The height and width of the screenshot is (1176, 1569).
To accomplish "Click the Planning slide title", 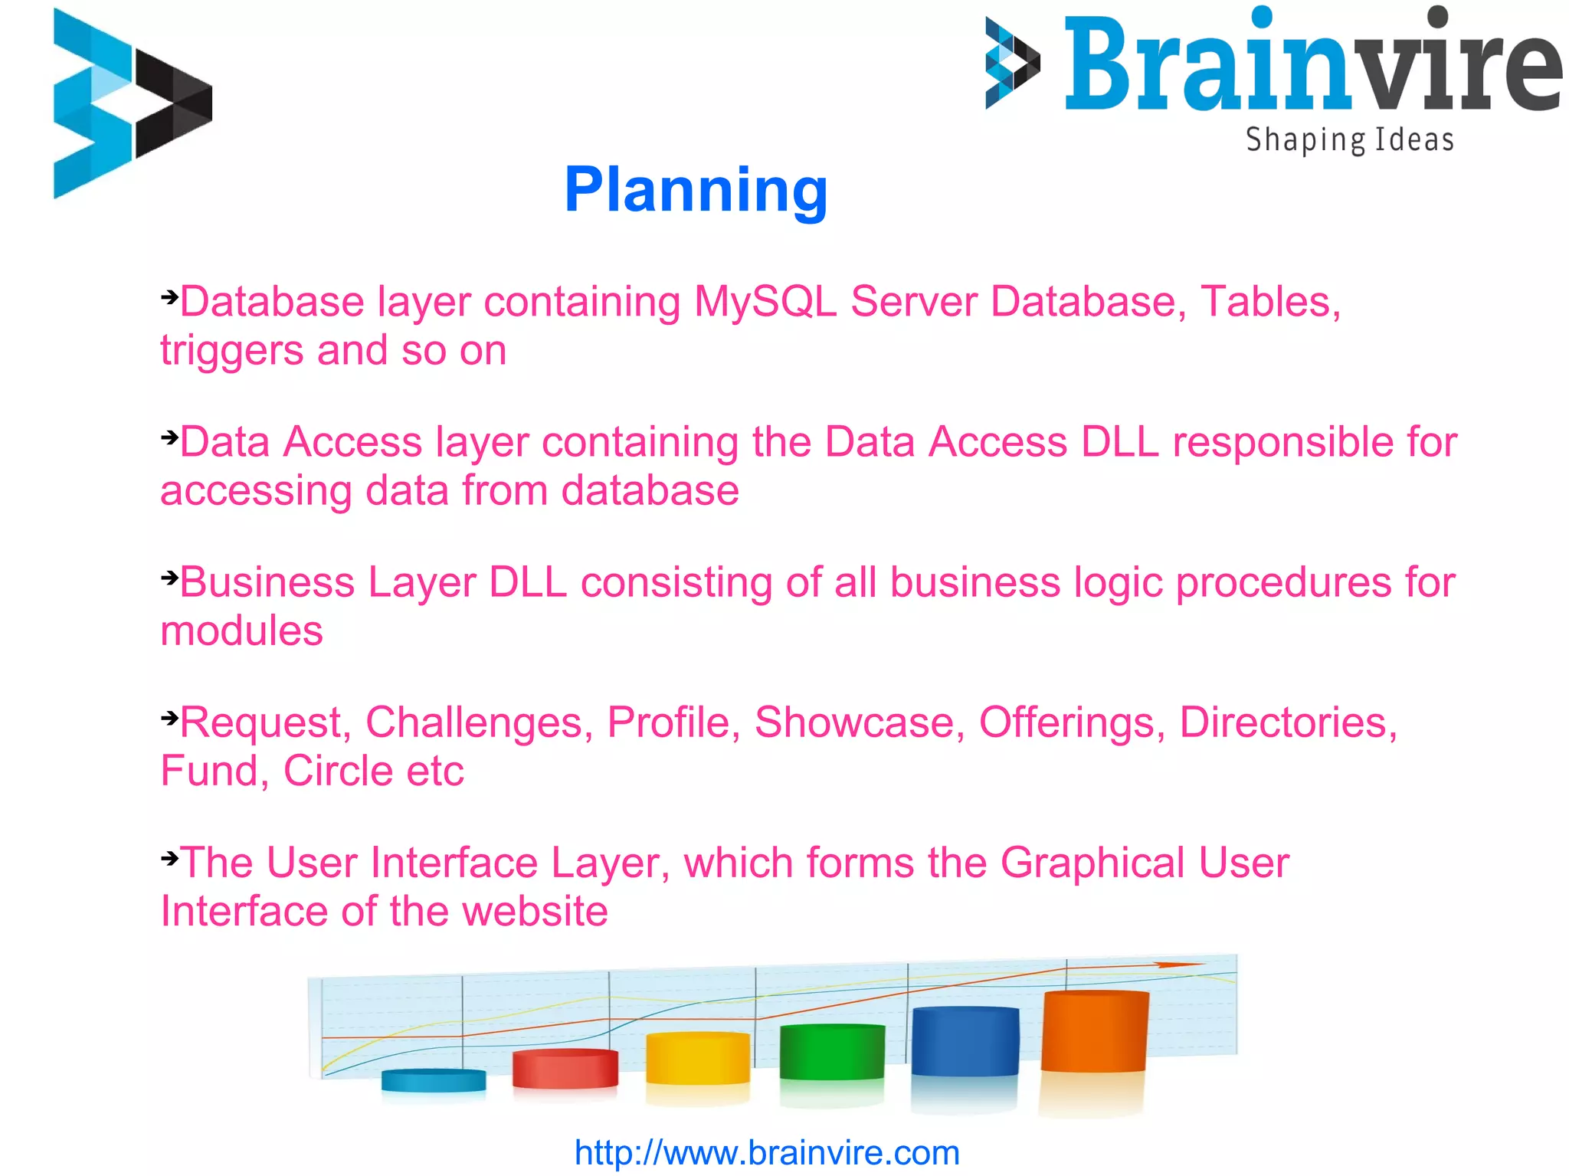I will (x=696, y=190).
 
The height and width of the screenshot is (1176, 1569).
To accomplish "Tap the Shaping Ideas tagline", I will (x=1349, y=141).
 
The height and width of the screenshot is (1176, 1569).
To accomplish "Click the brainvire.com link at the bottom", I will (x=767, y=1152).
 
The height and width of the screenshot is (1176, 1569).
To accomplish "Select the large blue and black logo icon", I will (x=132, y=103).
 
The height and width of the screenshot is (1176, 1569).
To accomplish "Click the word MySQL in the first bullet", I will (x=765, y=302).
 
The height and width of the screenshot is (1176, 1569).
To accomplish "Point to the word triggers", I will (x=231, y=352).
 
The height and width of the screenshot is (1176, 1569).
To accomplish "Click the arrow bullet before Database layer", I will (x=169, y=296).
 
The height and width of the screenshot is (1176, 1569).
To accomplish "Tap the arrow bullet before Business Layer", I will (x=169, y=577).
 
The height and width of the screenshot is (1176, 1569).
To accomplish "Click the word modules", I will (x=241, y=631).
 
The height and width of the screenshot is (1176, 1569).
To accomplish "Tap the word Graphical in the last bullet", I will (x=1092, y=863).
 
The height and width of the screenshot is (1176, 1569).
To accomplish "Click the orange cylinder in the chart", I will (x=1095, y=1030).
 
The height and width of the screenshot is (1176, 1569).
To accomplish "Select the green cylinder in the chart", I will (x=832, y=1052).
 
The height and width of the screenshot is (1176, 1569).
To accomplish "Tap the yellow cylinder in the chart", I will (x=697, y=1059).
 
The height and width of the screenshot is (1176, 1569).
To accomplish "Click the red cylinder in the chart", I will (x=565, y=1069).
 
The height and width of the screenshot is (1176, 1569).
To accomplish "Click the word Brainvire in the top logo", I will (x=1312, y=65).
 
